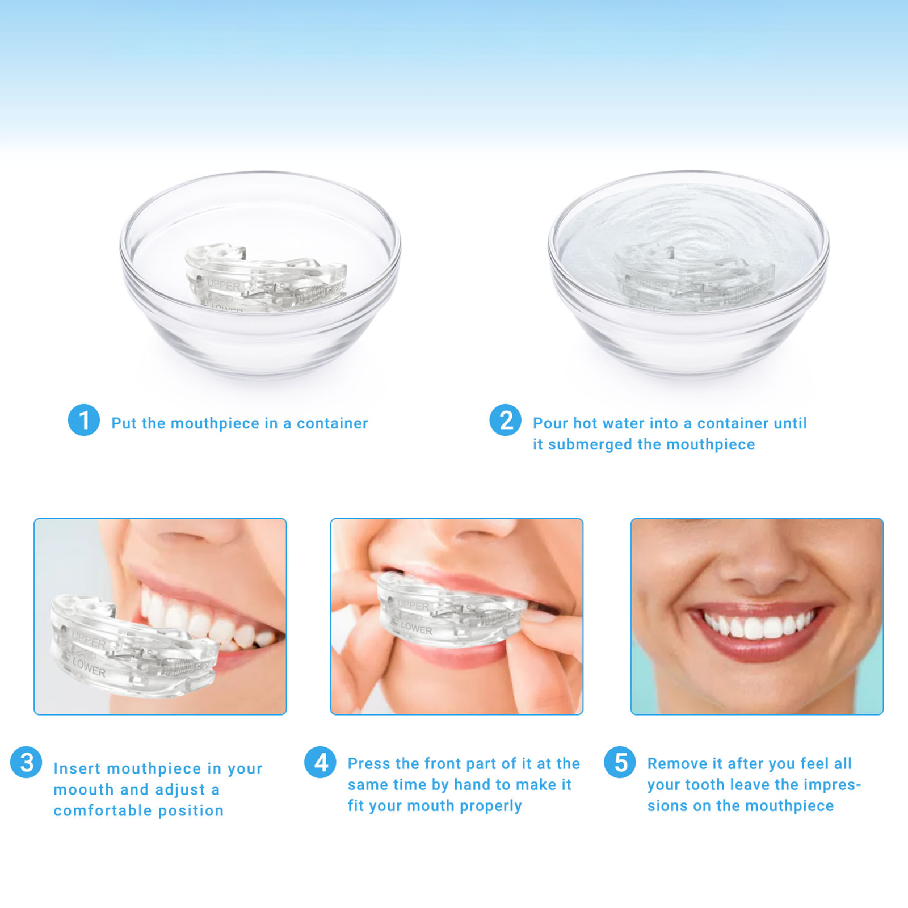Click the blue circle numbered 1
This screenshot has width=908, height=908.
[84, 420]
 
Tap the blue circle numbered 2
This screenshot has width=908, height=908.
[505, 420]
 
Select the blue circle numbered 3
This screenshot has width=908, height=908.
[26, 762]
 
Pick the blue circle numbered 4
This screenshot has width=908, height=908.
[320, 762]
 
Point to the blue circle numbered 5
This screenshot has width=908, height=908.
[620, 762]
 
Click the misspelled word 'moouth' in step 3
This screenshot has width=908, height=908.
[83, 789]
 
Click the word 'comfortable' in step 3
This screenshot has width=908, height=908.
[103, 811]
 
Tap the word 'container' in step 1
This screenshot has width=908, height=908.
[333, 423]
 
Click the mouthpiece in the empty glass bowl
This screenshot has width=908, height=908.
[266, 278]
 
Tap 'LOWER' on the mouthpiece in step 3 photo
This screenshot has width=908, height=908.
[89, 668]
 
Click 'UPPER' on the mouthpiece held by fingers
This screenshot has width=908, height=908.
[414, 606]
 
